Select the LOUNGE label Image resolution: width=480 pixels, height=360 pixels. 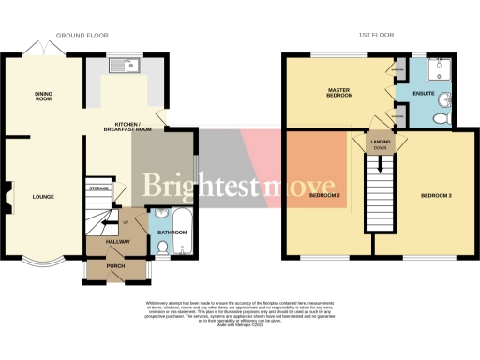click(42, 197)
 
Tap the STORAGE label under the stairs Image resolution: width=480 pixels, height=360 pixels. click(98, 188)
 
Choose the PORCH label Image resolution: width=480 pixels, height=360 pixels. click(117, 266)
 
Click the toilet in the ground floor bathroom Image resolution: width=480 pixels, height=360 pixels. click(161, 248)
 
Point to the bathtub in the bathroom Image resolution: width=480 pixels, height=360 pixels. click(183, 234)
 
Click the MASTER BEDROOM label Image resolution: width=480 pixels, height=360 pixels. click(338, 93)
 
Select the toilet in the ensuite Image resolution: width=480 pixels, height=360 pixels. click(446, 117)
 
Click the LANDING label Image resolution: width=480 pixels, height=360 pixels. click(381, 142)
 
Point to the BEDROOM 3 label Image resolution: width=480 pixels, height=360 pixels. click(436, 195)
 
